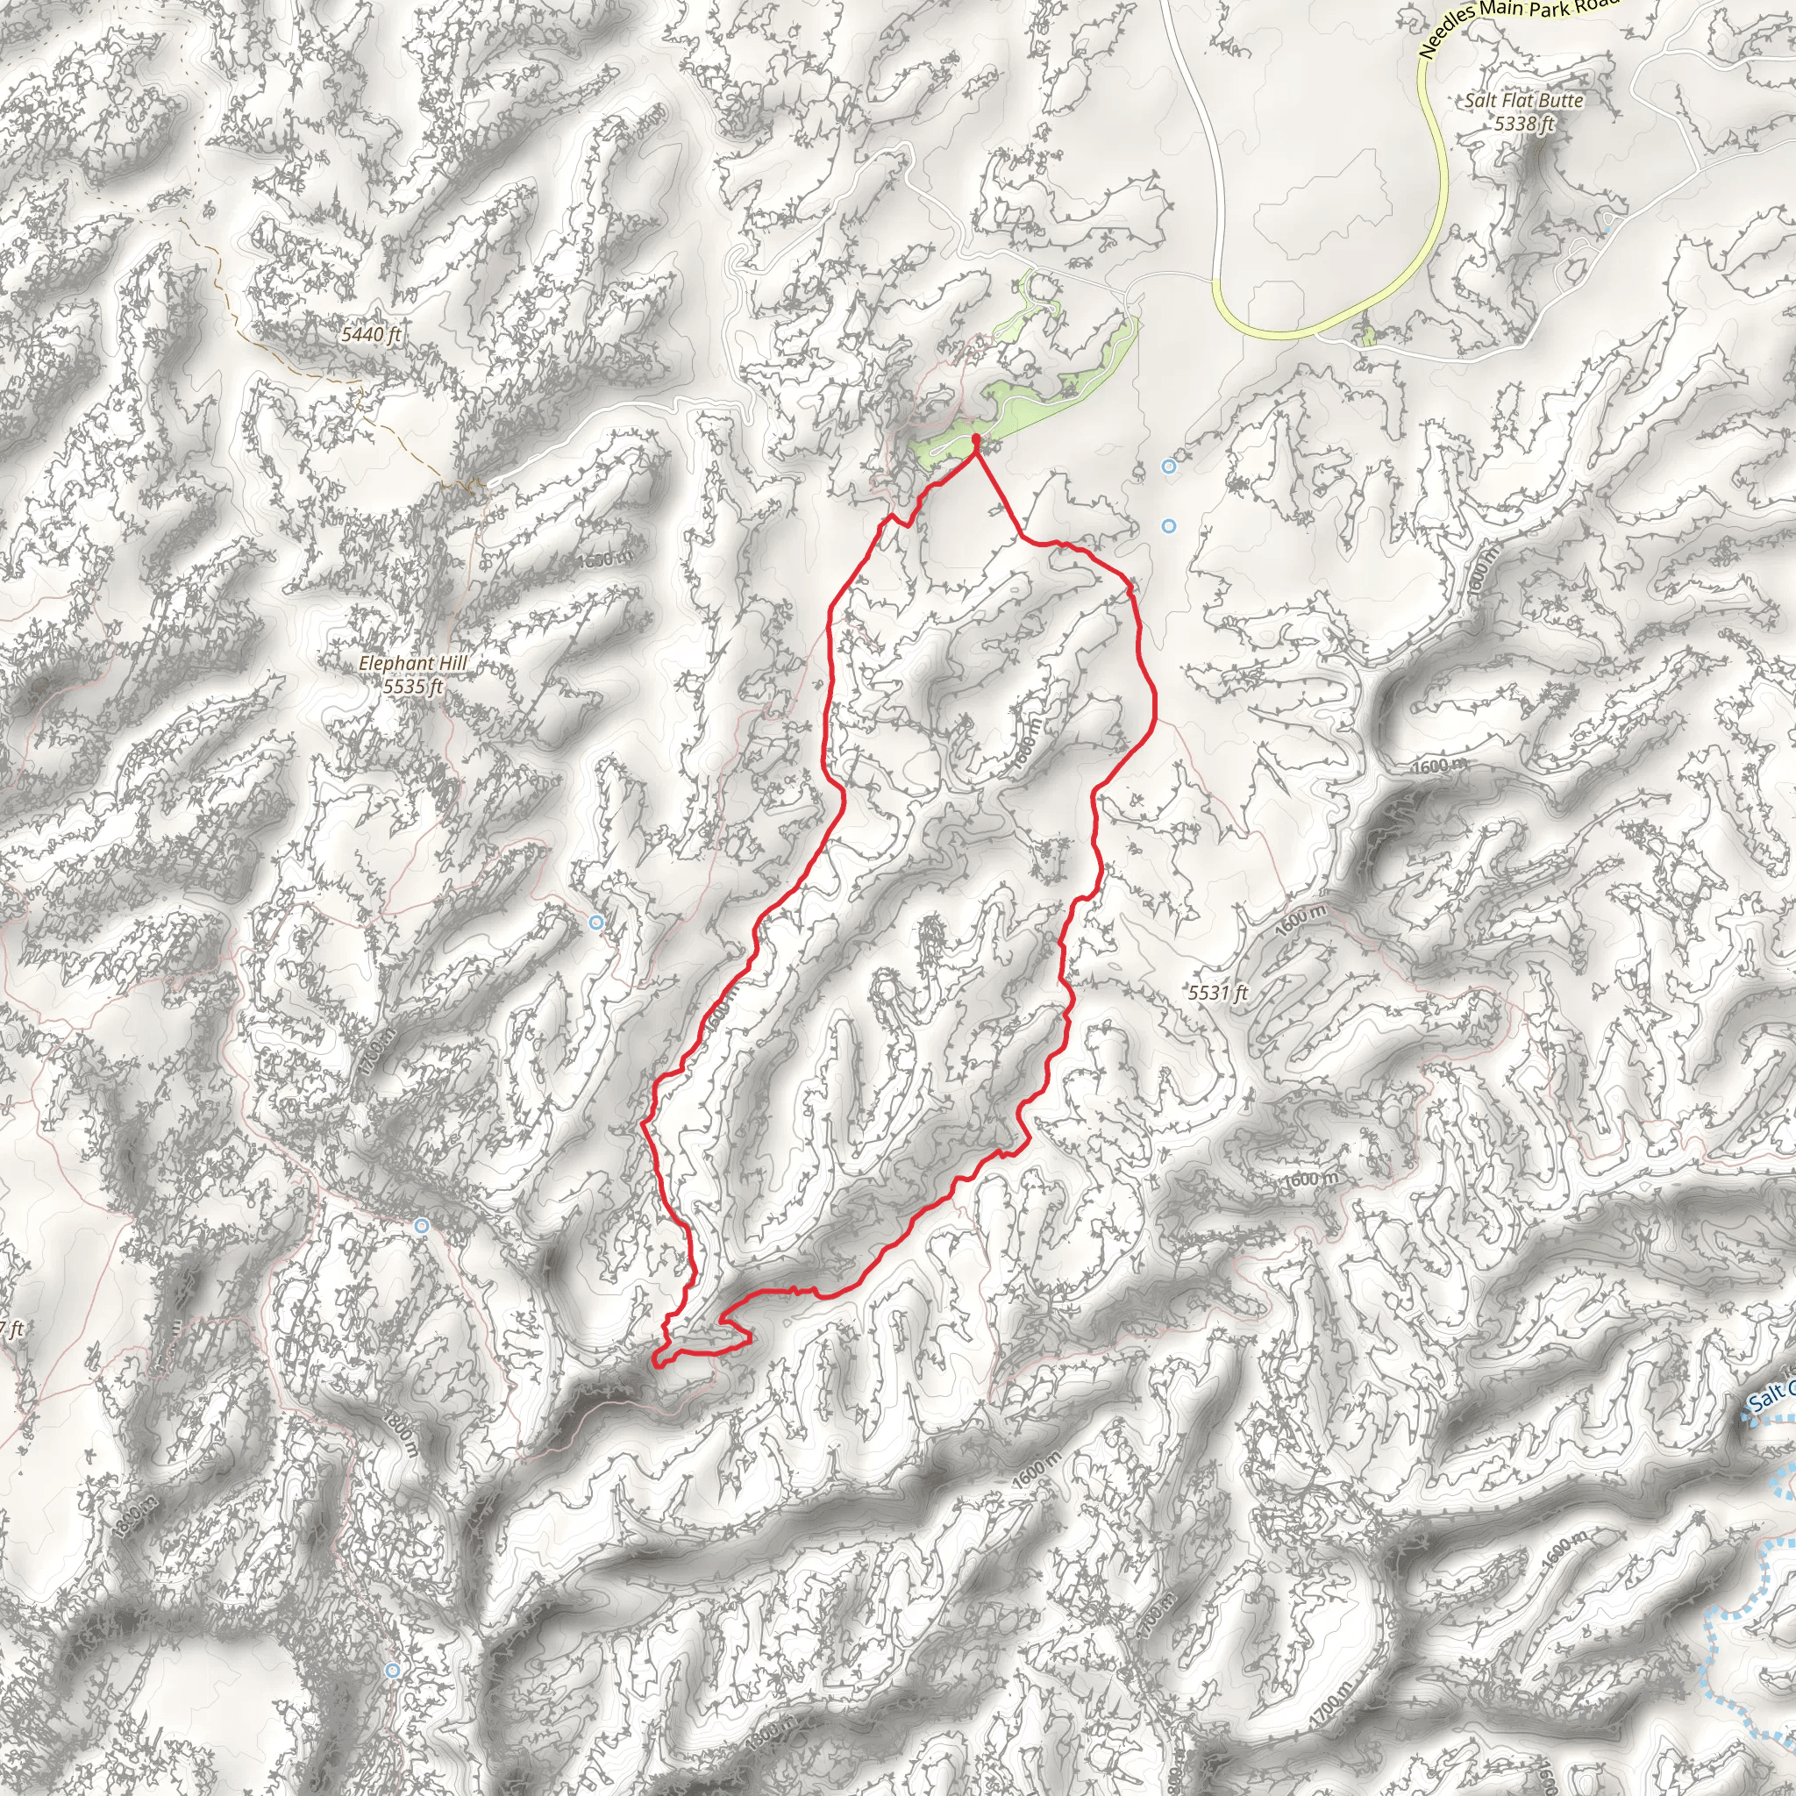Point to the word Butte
(x=1559, y=100)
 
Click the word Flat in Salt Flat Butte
(x=1514, y=100)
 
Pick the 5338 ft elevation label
(x=1524, y=123)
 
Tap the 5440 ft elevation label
(x=371, y=334)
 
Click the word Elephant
(x=396, y=664)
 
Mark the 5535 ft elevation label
(x=413, y=687)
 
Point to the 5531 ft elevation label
(x=1218, y=993)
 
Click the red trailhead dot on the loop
(x=975, y=438)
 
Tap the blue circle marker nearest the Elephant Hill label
(x=595, y=923)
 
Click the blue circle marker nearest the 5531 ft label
(x=1168, y=526)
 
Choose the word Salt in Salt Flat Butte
(x=1480, y=100)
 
